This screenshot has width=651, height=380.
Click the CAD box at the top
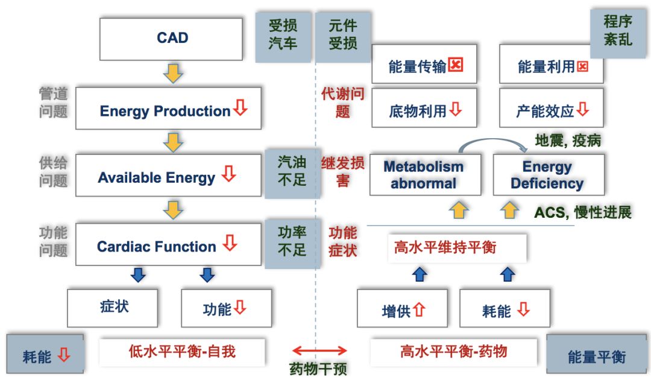click(171, 39)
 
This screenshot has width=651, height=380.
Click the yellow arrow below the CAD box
click(173, 73)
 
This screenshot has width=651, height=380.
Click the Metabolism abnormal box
click(424, 175)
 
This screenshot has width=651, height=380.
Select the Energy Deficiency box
click(548, 175)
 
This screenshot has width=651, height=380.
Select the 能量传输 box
click(424, 65)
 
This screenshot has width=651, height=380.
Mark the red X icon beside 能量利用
click(582, 66)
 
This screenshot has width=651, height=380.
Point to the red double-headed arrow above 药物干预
click(319, 350)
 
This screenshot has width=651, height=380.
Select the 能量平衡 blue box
click(596, 355)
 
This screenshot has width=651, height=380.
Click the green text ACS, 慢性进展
click(582, 212)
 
